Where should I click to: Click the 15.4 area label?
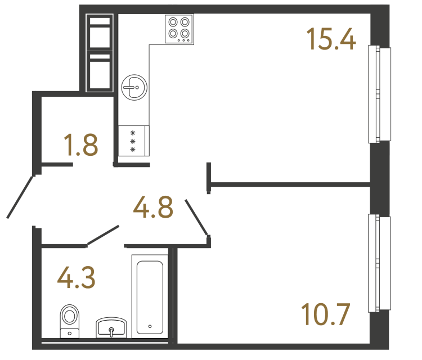[331, 38]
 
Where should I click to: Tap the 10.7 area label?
[326, 314]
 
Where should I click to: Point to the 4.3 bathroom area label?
[77, 278]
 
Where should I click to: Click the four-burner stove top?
[179, 29]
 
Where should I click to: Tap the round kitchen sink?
[134, 87]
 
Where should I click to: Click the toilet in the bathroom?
[70, 319]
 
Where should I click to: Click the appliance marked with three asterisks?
[133, 141]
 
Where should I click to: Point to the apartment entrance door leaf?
[21, 196]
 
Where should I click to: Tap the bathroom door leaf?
[102, 235]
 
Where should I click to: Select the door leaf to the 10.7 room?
[197, 217]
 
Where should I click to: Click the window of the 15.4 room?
[379, 94]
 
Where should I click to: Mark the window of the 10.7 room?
[379, 263]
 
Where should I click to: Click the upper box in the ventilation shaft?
[100, 33]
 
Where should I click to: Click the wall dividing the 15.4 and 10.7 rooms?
[290, 183]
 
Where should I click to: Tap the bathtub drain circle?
[150, 326]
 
